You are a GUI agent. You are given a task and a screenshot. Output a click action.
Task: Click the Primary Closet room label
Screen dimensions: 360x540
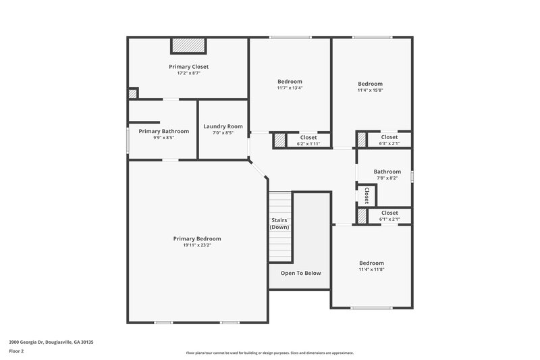click(x=188, y=67)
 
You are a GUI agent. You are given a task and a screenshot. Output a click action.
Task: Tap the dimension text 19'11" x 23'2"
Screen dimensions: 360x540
click(x=197, y=245)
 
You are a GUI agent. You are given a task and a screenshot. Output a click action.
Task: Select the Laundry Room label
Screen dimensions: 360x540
click(x=223, y=126)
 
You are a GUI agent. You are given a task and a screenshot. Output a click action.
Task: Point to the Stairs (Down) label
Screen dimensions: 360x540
click(x=279, y=224)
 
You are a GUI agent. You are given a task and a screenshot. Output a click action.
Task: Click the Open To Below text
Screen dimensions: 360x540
click(x=300, y=273)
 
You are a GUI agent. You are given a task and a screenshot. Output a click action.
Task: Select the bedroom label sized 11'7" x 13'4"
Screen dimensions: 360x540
click(x=290, y=82)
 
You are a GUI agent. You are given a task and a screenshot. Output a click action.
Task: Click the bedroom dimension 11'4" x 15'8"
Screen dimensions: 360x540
click(x=370, y=90)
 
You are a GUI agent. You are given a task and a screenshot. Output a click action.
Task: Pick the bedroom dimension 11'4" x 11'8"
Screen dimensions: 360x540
click(x=371, y=269)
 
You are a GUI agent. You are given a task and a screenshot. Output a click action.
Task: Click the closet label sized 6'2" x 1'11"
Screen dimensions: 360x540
click(x=308, y=144)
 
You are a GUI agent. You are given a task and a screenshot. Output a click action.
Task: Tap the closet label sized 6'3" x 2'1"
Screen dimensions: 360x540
click(x=389, y=143)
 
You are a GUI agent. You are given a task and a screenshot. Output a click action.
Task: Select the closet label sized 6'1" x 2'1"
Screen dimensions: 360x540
click(x=389, y=219)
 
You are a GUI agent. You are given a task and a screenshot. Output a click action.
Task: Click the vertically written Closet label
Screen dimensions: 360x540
click(x=367, y=195)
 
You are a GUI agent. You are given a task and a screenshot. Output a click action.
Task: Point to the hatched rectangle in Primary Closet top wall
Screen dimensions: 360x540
click(x=188, y=45)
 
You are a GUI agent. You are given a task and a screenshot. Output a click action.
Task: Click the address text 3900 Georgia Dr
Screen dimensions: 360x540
click(x=51, y=342)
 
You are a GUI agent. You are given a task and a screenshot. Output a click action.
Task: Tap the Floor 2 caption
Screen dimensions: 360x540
click(x=16, y=351)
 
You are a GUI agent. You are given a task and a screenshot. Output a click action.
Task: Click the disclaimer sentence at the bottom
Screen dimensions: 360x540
click(x=269, y=353)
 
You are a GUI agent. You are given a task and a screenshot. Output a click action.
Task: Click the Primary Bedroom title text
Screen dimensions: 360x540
click(x=197, y=238)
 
